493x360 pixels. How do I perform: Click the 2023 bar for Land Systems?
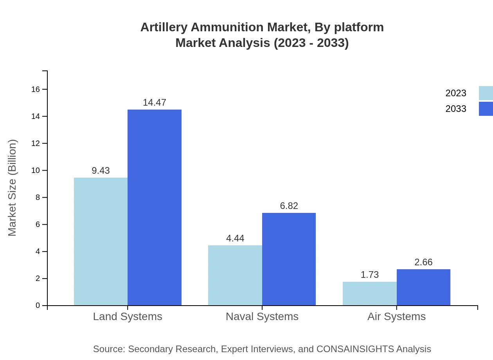[x=101, y=241]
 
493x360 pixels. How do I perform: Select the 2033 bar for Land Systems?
[x=155, y=207]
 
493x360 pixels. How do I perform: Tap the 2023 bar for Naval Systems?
[x=235, y=275]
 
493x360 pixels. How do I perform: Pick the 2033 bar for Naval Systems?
[x=289, y=259]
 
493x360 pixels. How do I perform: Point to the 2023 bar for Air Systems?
[x=370, y=293]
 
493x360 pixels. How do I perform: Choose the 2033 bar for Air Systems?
[x=423, y=287]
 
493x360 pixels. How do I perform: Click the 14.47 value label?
[x=155, y=103]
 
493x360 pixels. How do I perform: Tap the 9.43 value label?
[x=101, y=171]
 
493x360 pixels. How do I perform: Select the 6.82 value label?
[x=289, y=206]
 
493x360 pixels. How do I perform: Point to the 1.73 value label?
[x=370, y=275]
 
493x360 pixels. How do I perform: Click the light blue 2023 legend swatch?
[x=486, y=93]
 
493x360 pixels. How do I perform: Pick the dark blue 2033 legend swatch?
[x=486, y=109]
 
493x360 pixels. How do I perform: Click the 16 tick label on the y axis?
[x=36, y=90]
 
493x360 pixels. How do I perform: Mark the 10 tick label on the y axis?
[x=36, y=171]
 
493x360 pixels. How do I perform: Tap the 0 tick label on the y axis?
[x=38, y=306]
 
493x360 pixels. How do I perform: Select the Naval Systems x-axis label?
[x=262, y=317]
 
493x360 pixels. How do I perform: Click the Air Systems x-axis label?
[x=396, y=317]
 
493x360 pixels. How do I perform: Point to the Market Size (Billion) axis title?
[x=12, y=188]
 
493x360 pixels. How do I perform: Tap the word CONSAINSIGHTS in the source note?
[x=355, y=349]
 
